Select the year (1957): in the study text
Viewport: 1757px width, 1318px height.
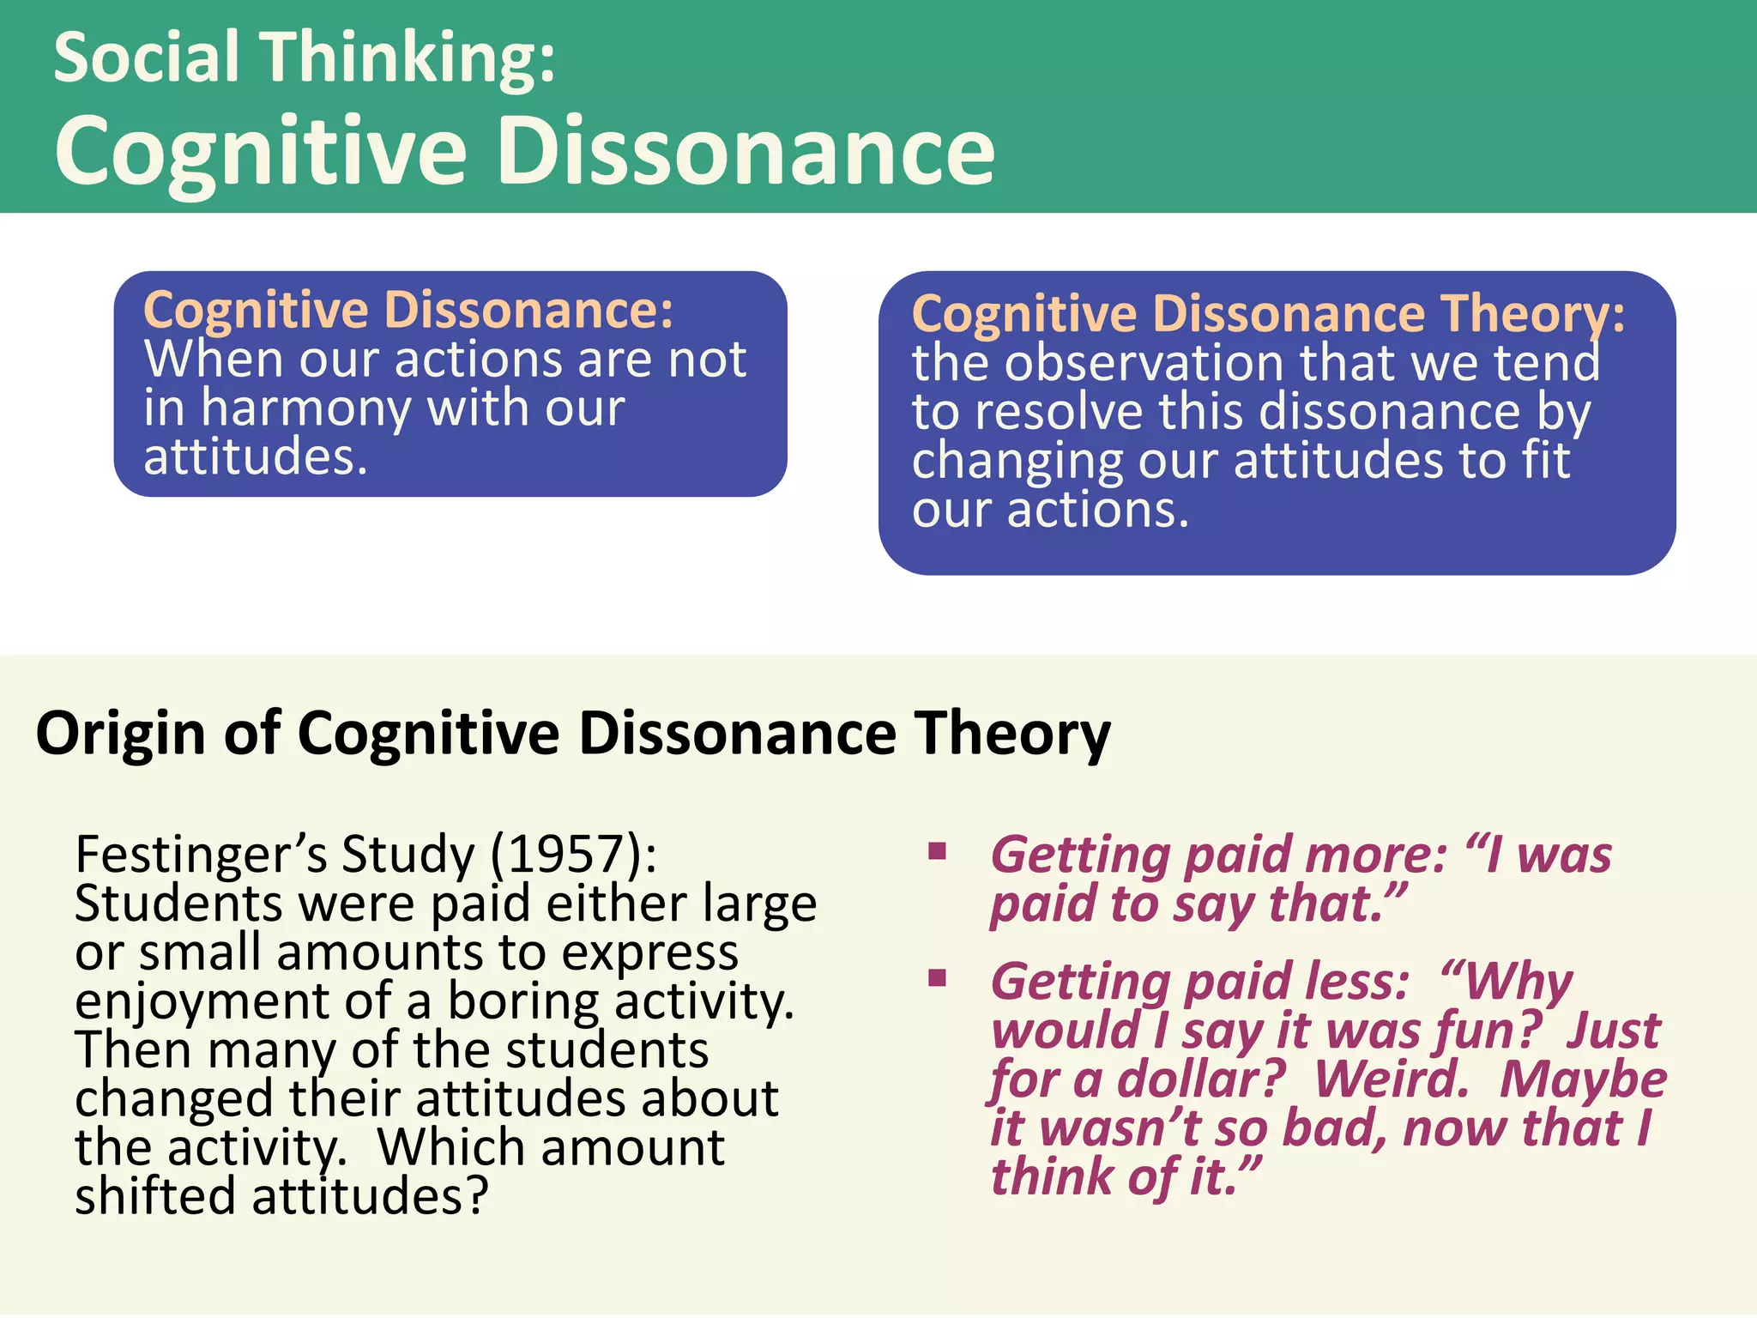point(573,855)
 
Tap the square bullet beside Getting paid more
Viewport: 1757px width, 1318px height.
point(937,851)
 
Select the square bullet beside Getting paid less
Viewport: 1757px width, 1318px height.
point(937,977)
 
